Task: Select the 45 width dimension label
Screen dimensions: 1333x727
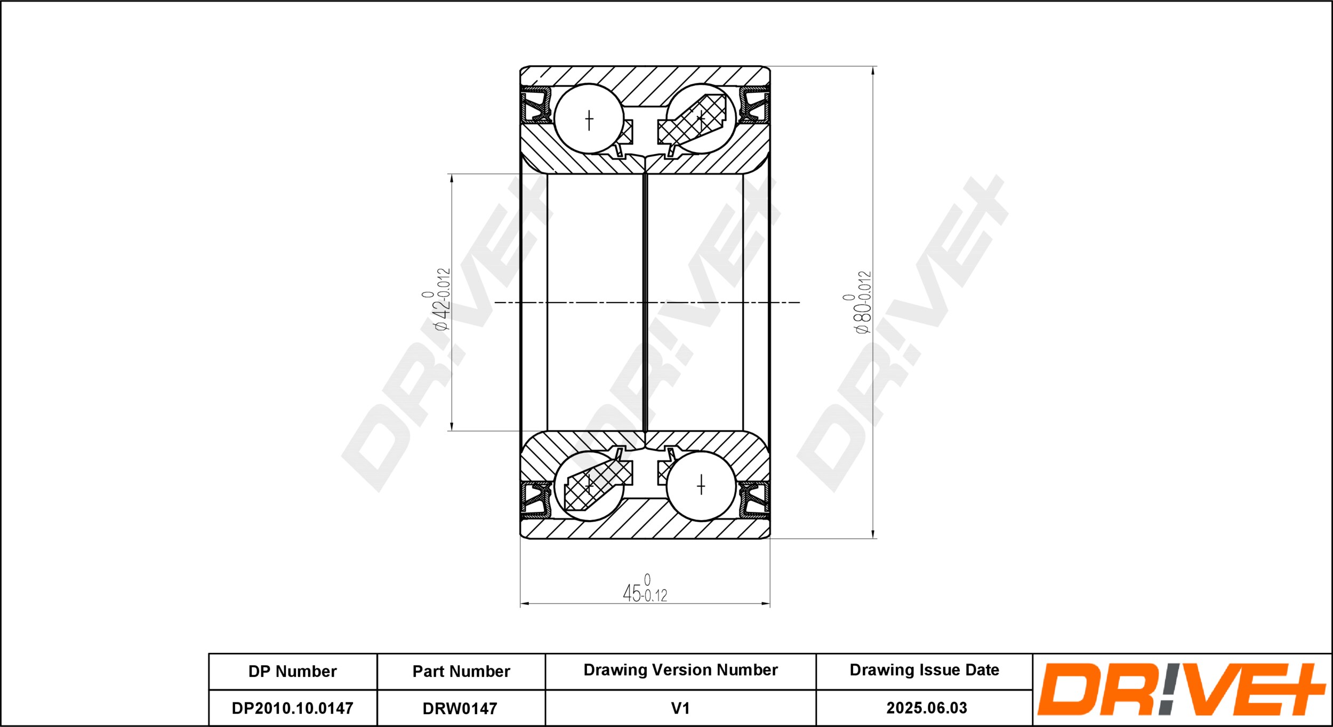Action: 645,589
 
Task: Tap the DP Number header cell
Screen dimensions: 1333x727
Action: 293,671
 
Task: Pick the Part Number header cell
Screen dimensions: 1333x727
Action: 461,671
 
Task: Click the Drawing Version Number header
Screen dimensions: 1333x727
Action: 680,670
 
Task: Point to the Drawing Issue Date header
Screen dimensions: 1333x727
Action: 925,670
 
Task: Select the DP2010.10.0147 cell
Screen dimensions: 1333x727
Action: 292,708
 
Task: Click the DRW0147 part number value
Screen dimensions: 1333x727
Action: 460,708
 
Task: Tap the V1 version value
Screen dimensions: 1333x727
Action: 680,708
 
